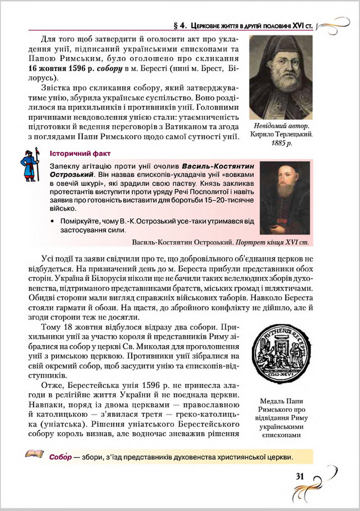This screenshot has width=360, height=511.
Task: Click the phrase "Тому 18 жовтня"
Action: [75, 327]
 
